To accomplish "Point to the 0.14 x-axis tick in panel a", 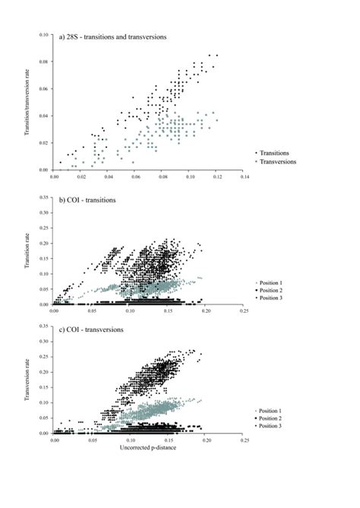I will coord(244,176).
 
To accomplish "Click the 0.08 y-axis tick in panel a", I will coord(44,62).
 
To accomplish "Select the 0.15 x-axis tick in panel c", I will coord(168,440).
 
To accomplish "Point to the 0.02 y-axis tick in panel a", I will coord(44,143).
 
